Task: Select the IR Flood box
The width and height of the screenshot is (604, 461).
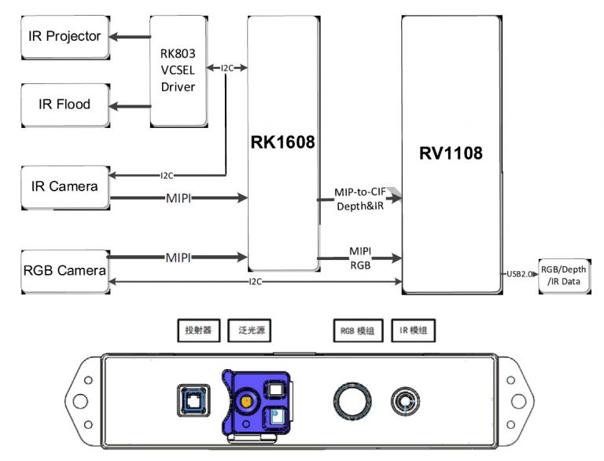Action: pos(64,104)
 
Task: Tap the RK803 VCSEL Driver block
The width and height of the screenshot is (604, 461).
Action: pos(178,71)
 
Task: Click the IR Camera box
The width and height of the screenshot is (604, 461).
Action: pos(64,187)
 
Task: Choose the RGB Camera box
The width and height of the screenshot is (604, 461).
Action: pos(64,271)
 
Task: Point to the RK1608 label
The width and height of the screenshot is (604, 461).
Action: pos(283,143)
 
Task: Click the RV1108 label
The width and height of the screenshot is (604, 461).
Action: pos(451,154)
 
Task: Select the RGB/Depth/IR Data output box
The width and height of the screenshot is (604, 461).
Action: pos(563,276)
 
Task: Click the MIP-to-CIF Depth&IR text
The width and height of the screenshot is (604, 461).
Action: pos(361,199)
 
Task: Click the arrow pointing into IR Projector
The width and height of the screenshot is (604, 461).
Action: pos(130,37)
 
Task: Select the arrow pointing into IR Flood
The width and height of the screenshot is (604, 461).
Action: pos(130,104)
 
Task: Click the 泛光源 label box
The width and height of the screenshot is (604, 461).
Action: pos(249,331)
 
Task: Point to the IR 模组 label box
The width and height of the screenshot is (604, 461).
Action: pos(414,331)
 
